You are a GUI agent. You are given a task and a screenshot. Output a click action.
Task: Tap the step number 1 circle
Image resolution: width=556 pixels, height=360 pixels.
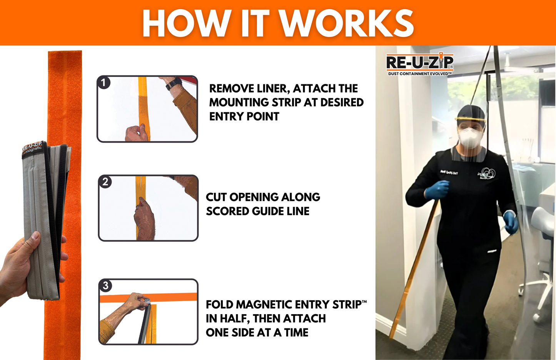pos(104,82)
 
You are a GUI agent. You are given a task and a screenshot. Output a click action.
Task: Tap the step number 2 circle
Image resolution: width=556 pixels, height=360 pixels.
pos(105,182)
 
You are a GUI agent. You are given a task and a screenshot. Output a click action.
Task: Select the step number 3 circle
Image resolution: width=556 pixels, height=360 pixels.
pos(105,286)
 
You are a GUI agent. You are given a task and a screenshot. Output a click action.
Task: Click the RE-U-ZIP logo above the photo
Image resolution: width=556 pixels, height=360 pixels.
pos(419,62)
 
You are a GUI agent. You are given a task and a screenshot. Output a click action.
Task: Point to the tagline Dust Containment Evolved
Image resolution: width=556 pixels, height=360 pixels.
pos(419,74)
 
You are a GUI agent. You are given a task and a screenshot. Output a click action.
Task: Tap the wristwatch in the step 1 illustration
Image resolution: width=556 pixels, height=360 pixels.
pos(174,83)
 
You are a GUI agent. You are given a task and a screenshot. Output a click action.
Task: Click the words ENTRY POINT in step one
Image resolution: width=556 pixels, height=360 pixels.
pos(244,116)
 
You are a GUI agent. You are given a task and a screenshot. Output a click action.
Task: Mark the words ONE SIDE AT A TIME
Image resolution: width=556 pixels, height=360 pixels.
pos(257,332)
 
